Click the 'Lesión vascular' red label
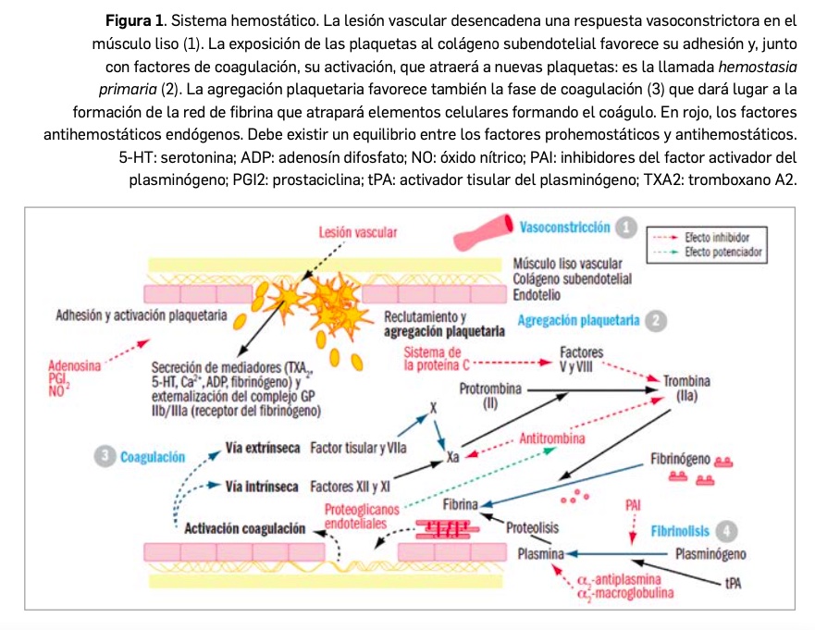point(357,233)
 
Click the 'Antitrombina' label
point(552,439)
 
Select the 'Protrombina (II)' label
point(489,396)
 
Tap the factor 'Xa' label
point(454,456)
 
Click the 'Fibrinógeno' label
point(680,459)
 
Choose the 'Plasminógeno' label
point(711,554)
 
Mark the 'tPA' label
point(734,584)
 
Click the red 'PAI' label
point(634,506)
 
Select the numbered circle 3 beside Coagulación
point(105,455)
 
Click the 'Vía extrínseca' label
point(262,449)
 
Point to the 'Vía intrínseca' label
point(262,485)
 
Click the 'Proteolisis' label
point(532,527)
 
